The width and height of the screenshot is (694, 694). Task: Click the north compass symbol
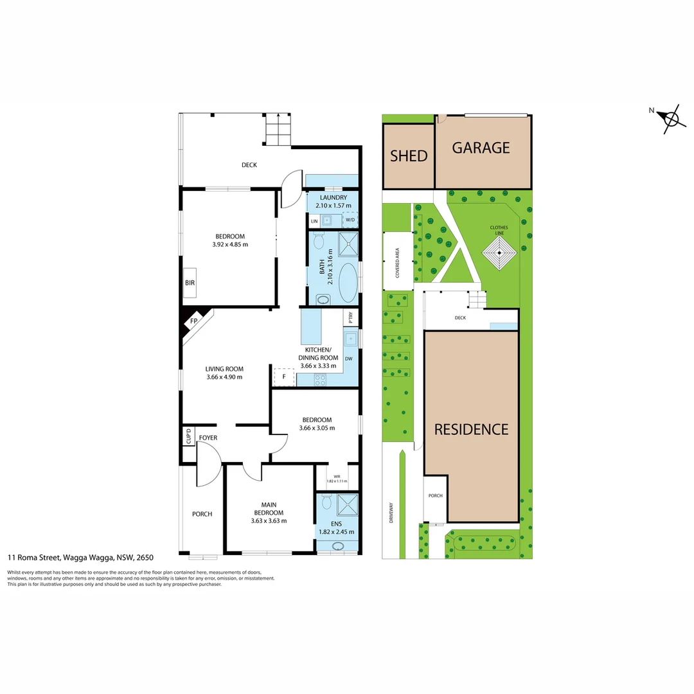coord(671,119)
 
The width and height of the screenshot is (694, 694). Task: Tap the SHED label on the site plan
coord(409,156)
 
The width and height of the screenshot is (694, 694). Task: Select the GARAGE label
coord(481,148)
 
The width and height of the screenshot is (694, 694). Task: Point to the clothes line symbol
coord(499,254)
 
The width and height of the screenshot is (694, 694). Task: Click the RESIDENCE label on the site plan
coord(471,429)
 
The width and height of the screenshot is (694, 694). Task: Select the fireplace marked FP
coord(193,321)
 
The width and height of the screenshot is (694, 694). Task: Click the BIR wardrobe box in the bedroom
coord(190,283)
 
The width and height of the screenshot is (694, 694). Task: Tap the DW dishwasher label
coord(349,359)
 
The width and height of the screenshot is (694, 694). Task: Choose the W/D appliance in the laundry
coord(350,220)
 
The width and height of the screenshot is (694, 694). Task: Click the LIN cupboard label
coord(314,220)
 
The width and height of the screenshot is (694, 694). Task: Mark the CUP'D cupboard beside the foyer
coord(188,436)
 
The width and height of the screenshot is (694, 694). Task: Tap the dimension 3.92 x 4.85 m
coord(229,244)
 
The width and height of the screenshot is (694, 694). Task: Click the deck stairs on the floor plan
coord(278,130)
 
